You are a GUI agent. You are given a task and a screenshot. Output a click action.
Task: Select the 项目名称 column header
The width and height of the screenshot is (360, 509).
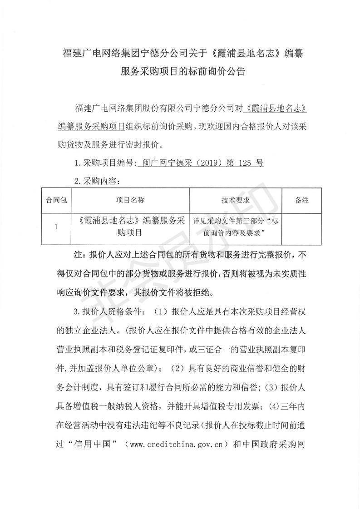[x=130, y=200]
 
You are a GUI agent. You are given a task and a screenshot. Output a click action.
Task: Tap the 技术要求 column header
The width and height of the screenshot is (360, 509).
[x=236, y=200]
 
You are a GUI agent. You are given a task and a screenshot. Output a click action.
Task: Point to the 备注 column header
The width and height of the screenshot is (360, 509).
[x=302, y=200]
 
